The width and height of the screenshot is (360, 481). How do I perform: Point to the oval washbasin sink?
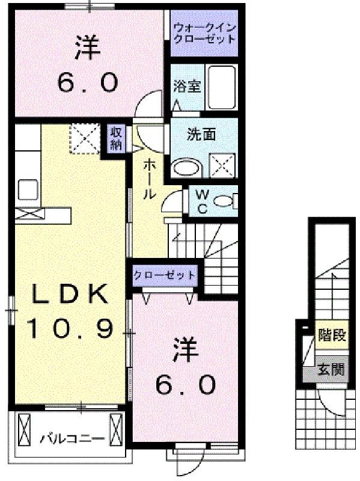coord(186,167)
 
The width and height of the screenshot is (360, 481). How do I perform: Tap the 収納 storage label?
coord(116,139)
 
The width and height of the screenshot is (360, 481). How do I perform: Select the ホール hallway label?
coord(148,179)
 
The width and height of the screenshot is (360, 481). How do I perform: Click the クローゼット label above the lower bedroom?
coord(164,275)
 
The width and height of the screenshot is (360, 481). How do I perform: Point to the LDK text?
coord(70,295)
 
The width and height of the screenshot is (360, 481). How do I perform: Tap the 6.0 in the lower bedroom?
coord(186,384)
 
